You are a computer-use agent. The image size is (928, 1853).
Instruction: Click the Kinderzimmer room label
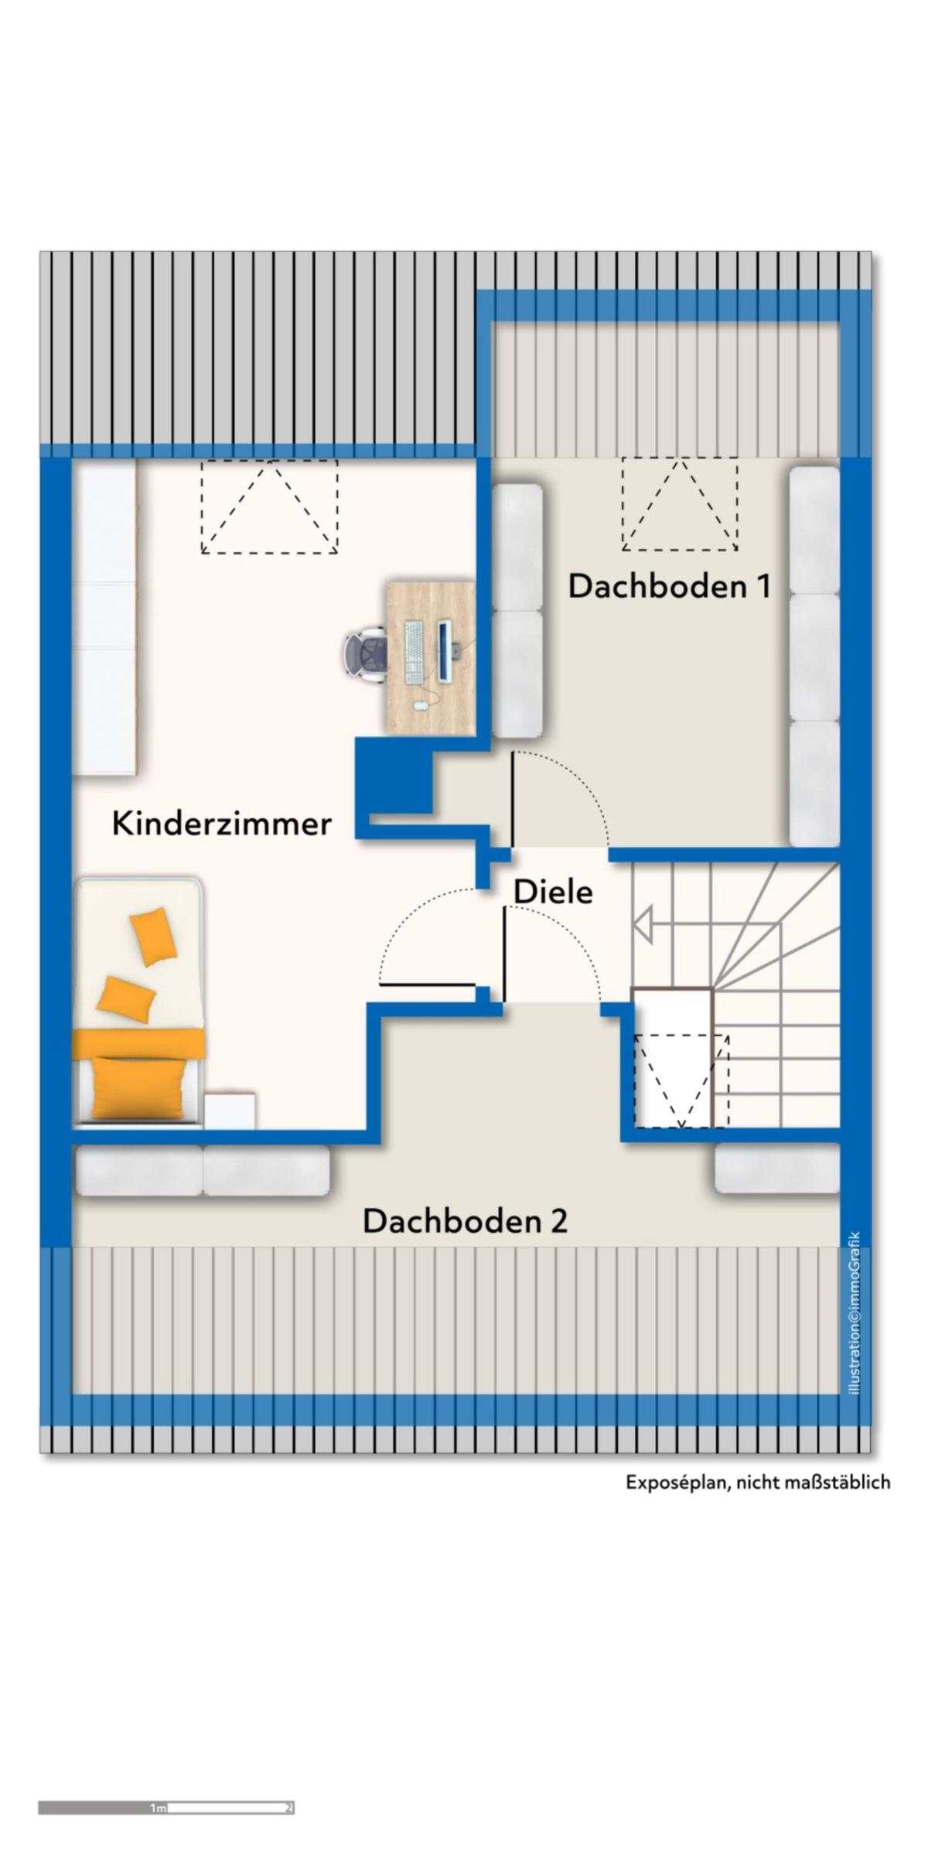tap(222, 824)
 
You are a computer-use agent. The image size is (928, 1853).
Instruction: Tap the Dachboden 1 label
tap(670, 587)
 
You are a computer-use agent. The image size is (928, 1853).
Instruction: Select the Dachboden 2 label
tap(465, 1222)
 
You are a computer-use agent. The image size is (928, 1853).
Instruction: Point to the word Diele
tap(554, 892)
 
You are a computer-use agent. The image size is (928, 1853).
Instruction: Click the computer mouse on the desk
tap(420, 705)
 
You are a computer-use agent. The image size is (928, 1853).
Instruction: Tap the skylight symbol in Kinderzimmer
tap(269, 507)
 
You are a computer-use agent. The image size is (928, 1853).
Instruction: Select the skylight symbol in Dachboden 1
tap(679, 504)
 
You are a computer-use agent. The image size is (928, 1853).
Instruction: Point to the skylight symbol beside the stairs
tap(681, 1080)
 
